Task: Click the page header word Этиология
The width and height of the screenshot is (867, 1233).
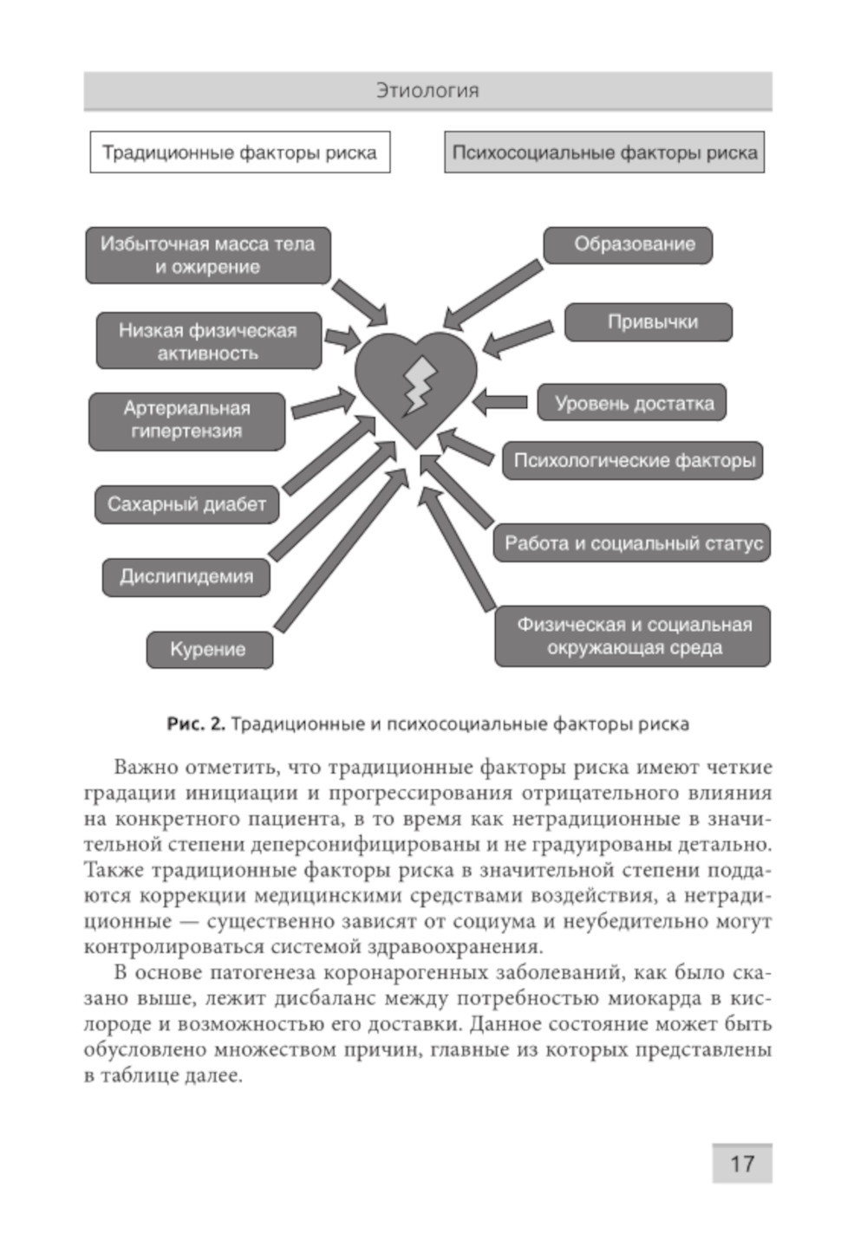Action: click(427, 91)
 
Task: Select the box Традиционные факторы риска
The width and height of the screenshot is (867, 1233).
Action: click(239, 153)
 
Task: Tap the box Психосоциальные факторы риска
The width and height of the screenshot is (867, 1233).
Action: click(604, 153)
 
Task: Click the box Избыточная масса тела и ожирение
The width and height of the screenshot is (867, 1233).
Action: click(208, 256)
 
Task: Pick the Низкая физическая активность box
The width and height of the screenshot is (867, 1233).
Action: click(208, 341)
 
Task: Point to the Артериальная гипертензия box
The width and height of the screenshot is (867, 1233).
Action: click(186, 420)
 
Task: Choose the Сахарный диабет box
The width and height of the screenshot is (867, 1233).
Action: click(186, 504)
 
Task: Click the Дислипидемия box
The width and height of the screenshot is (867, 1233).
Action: click(186, 577)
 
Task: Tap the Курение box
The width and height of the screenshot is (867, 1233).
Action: click(209, 650)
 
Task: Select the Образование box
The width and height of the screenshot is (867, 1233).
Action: click(629, 245)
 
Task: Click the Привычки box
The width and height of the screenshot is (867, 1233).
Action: click(649, 322)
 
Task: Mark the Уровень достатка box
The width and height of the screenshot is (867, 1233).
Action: click(632, 404)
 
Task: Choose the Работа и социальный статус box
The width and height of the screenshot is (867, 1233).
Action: click(632, 544)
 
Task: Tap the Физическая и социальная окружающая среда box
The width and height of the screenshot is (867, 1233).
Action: click(632, 636)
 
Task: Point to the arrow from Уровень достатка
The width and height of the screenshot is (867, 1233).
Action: click(500, 403)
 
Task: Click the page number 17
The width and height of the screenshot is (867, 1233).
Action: click(742, 1164)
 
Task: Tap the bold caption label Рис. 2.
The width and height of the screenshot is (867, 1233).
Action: click(196, 724)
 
